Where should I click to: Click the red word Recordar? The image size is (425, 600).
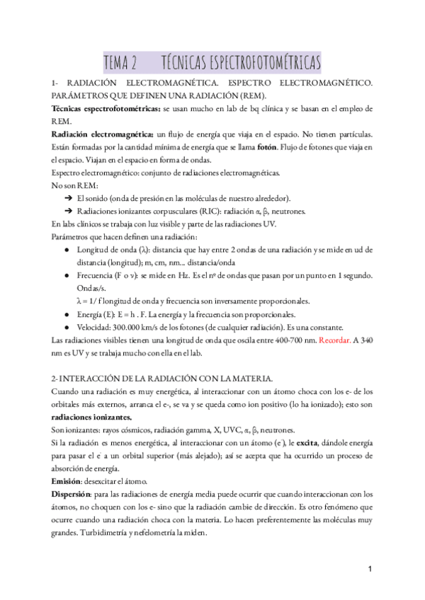[339, 340]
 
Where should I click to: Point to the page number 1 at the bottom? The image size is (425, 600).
[370, 568]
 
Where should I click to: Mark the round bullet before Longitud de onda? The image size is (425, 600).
[67, 250]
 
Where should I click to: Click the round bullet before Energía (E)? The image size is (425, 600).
[67, 314]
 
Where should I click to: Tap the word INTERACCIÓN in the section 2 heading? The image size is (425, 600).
[95, 379]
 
